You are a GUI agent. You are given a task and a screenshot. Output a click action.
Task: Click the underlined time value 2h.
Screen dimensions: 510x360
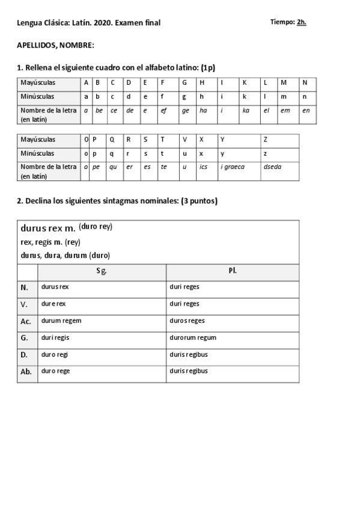click(302, 22)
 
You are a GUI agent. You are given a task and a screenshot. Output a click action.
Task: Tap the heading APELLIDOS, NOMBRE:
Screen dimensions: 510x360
click(55, 45)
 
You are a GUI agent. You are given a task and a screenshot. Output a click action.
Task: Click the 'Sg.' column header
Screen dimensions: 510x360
click(102, 271)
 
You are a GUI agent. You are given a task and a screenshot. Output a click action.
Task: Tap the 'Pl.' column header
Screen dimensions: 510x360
click(233, 271)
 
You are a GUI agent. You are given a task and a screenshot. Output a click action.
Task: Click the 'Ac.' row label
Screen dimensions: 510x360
click(26, 321)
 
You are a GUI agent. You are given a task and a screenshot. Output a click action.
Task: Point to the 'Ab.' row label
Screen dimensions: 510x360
click(26, 372)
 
